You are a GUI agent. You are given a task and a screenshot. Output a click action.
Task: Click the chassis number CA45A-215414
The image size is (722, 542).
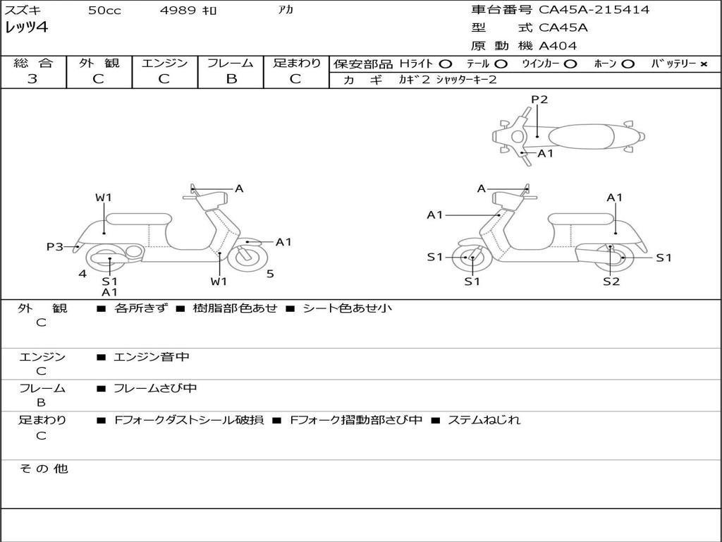pyautogui.click(x=594, y=9)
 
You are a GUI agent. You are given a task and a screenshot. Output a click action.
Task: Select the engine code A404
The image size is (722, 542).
pyautogui.click(x=558, y=46)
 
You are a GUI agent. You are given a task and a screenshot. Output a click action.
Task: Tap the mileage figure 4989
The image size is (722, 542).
pyautogui.click(x=178, y=10)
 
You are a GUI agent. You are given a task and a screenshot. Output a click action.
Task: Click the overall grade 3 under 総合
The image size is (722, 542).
pyautogui.click(x=32, y=79)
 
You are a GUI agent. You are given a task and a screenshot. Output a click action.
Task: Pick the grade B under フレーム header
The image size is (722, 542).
pyautogui.click(x=231, y=79)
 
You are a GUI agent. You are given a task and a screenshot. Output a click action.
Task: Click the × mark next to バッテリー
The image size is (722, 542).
pyautogui.click(x=704, y=64)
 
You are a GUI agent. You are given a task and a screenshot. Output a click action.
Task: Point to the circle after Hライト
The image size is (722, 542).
pyautogui.click(x=446, y=64)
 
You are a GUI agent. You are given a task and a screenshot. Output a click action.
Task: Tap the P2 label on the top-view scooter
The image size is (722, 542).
pyautogui.click(x=539, y=99)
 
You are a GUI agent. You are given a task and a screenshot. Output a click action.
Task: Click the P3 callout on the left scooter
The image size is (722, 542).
pyautogui.click(x=54, y=247)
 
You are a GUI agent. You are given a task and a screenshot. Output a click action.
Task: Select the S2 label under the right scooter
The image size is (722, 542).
pyautogui.click(x=611, y=281)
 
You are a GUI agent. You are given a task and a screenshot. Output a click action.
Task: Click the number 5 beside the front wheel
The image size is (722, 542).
pyautogui.click(x=270, y=274)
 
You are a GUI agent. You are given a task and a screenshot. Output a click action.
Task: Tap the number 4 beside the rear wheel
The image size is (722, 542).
pyautogui.click(x=82, y=274)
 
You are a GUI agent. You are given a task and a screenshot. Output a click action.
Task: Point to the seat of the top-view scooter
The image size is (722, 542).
pyautogui.click(x=581, y=136)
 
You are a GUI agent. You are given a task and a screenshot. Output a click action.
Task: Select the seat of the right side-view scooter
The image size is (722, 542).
pyautogui.click(x=581, y=219)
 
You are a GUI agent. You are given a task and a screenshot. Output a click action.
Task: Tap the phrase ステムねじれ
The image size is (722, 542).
pyautogui.click(x=484, y=420)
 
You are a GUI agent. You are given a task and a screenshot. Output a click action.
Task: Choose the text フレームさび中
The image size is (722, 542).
pyautogui.click(x=155, y=388)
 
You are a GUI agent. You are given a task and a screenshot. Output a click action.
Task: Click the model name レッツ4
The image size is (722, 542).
pyautogui.click(x=26, y=28)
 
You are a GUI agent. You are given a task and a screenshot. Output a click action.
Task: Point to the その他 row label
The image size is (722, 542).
pyautogui.click(x=43, y=469)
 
